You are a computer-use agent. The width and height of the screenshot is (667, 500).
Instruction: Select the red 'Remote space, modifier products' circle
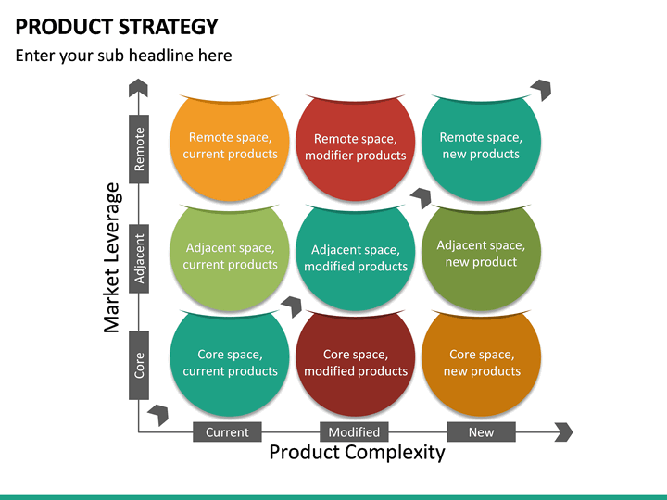(x=356, y=148)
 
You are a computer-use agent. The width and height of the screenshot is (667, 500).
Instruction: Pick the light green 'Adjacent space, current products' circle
(x=230, y=256)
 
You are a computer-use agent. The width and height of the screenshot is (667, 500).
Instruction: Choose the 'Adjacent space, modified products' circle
(x=356, y=258)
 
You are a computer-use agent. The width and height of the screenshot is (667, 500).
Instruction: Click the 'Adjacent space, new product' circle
(x=481, y=255)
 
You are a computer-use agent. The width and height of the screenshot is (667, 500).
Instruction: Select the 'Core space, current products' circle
(x=230, y=363)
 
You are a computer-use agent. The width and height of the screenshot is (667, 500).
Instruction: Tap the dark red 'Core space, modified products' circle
(x=356, y=363)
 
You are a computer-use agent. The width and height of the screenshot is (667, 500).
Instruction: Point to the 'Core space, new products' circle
(x=481, y=363)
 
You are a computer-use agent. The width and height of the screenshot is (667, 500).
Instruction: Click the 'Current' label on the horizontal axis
(x=227, y=431)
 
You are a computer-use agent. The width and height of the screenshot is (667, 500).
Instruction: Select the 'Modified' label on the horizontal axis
(x=354, y=431)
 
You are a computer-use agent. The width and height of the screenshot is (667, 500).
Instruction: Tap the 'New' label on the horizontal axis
(x=481, y=431)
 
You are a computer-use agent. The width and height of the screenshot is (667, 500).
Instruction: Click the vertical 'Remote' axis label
(x=139, y=148)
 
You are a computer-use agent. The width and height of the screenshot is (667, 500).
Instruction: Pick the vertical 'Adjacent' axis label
(x=139, y=256)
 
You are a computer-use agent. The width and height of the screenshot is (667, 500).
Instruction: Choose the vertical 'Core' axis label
(x=139, y=365)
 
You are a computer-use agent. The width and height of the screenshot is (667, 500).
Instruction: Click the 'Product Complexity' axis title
(x=357, y=453)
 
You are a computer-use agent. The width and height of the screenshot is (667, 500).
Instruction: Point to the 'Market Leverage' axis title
(x=112, y=257)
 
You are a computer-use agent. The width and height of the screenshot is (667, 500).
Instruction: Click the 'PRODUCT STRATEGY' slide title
(x=117, y=26)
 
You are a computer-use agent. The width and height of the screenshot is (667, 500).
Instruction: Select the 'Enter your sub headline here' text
(x=123, y=56)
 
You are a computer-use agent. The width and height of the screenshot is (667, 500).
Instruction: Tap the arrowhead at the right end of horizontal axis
(x=564, y=431)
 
